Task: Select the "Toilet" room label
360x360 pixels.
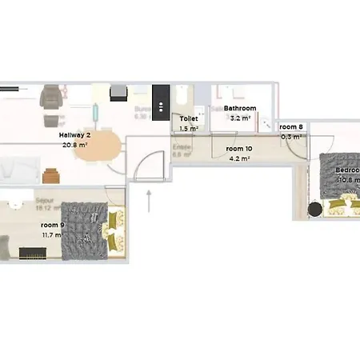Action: click(189, 118)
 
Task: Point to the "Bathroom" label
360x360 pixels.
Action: click(240, 108)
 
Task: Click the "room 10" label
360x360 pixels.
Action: click(239, 149)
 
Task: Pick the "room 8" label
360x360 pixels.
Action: click(291, 126)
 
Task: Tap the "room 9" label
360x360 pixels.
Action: click(54, 225)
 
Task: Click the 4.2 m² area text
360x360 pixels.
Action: click(239, 158)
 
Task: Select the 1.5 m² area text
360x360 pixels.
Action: click(189, 128)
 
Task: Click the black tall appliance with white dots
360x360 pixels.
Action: click(162, 103)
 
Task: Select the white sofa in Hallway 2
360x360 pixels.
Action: click(18, 169)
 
